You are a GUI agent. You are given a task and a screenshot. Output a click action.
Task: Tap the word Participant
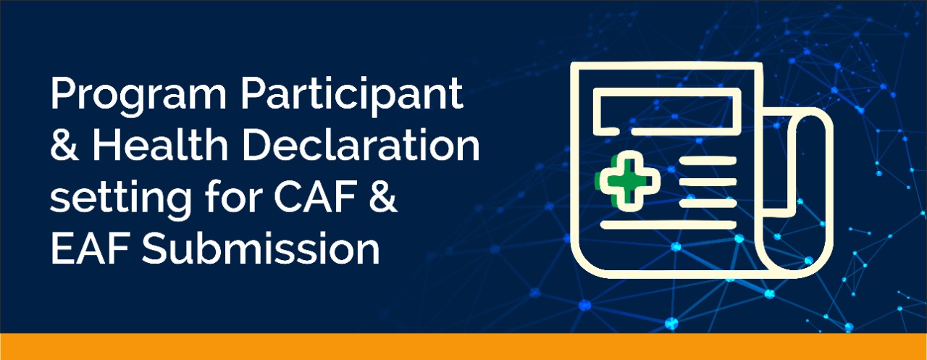[x=352, y=95]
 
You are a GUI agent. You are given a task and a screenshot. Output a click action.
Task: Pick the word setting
[x=121, y=198]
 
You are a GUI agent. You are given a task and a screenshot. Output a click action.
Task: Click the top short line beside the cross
[x=708, y=161]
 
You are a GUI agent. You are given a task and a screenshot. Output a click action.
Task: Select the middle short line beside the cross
[x=708, y=182]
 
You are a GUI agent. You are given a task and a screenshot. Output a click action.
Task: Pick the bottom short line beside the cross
[x=708, y=203]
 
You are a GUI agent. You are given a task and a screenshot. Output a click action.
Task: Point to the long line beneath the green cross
[x=668, y=225]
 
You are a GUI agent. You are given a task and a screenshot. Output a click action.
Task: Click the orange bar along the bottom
[x=463, y=346]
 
